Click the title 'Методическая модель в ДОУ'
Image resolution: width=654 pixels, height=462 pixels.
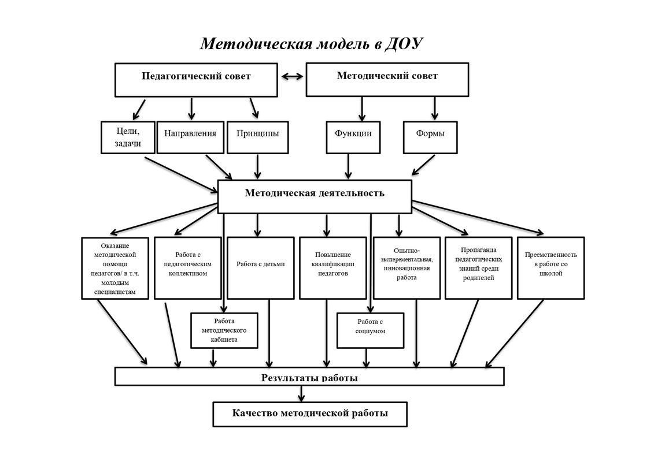pos(312,44)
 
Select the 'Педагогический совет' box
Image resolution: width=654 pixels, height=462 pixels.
pos(196,80)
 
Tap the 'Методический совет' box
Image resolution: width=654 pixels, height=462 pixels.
pos(387,80)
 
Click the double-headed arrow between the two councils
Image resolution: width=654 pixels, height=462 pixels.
pos(291,76)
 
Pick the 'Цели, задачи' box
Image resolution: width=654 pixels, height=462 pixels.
pos(128,137)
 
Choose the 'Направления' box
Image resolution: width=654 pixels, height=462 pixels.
pos(190,137)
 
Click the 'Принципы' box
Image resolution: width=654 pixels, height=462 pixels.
pos(257,137)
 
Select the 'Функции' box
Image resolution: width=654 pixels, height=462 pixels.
pos(353,137)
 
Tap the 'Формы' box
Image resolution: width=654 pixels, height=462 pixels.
pos(430,137)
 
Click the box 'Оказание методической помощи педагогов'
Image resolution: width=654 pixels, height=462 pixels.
pos(115,268)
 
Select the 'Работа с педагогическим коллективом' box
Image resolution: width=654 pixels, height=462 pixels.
pos(188,268)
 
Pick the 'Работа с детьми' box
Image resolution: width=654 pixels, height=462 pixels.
pos(260,268)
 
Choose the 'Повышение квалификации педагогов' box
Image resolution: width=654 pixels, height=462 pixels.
pos(333,268)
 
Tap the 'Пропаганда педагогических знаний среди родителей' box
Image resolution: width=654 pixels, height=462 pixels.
pos(478,268)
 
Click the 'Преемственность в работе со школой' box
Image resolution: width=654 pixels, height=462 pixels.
pos(550,268)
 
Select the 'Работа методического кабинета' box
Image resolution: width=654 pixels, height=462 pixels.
pos(224,331)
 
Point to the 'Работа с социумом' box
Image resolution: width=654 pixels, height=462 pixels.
pos(370,331)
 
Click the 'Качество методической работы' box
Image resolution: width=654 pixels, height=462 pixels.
pos(310,414)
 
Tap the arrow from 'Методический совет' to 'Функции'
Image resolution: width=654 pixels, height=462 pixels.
pos(362,108)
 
